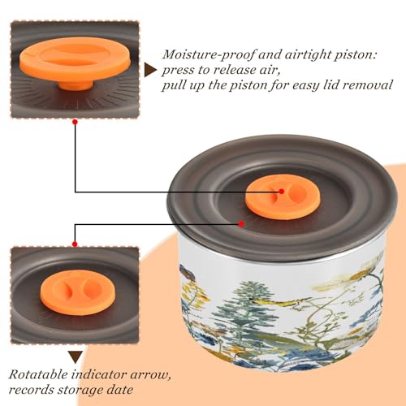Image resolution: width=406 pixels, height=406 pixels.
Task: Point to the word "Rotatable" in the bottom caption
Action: pyautogui.click(x=38, y=374)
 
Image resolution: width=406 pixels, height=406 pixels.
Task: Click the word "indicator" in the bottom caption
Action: pyautogui.click(x=99, y=374)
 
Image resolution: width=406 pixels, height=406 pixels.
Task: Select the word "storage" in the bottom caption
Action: pyautogui.click(x=80, y=391)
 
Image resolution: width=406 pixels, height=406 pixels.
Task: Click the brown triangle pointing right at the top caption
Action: pyautogui.click(x=150, y=71)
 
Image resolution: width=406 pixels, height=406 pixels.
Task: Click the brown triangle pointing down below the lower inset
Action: pyautogui.click(x=76, y=357)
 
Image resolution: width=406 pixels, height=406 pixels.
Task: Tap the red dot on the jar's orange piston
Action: pyautogui.click(x=282, y=192)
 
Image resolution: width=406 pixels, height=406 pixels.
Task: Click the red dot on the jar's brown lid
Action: pyautogui.click(x=241, y=224)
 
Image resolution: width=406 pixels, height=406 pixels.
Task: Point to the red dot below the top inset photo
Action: pyautogui.click(x=76, y=122)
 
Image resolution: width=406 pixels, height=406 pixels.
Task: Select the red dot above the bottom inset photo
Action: pyautogui.click(x=75, y=244)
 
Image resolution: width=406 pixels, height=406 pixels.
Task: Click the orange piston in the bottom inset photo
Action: pyautogui.click(x=78, y=292)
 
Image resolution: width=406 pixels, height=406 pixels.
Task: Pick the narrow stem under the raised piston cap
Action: pyautogui.click(x=76, y=84)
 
